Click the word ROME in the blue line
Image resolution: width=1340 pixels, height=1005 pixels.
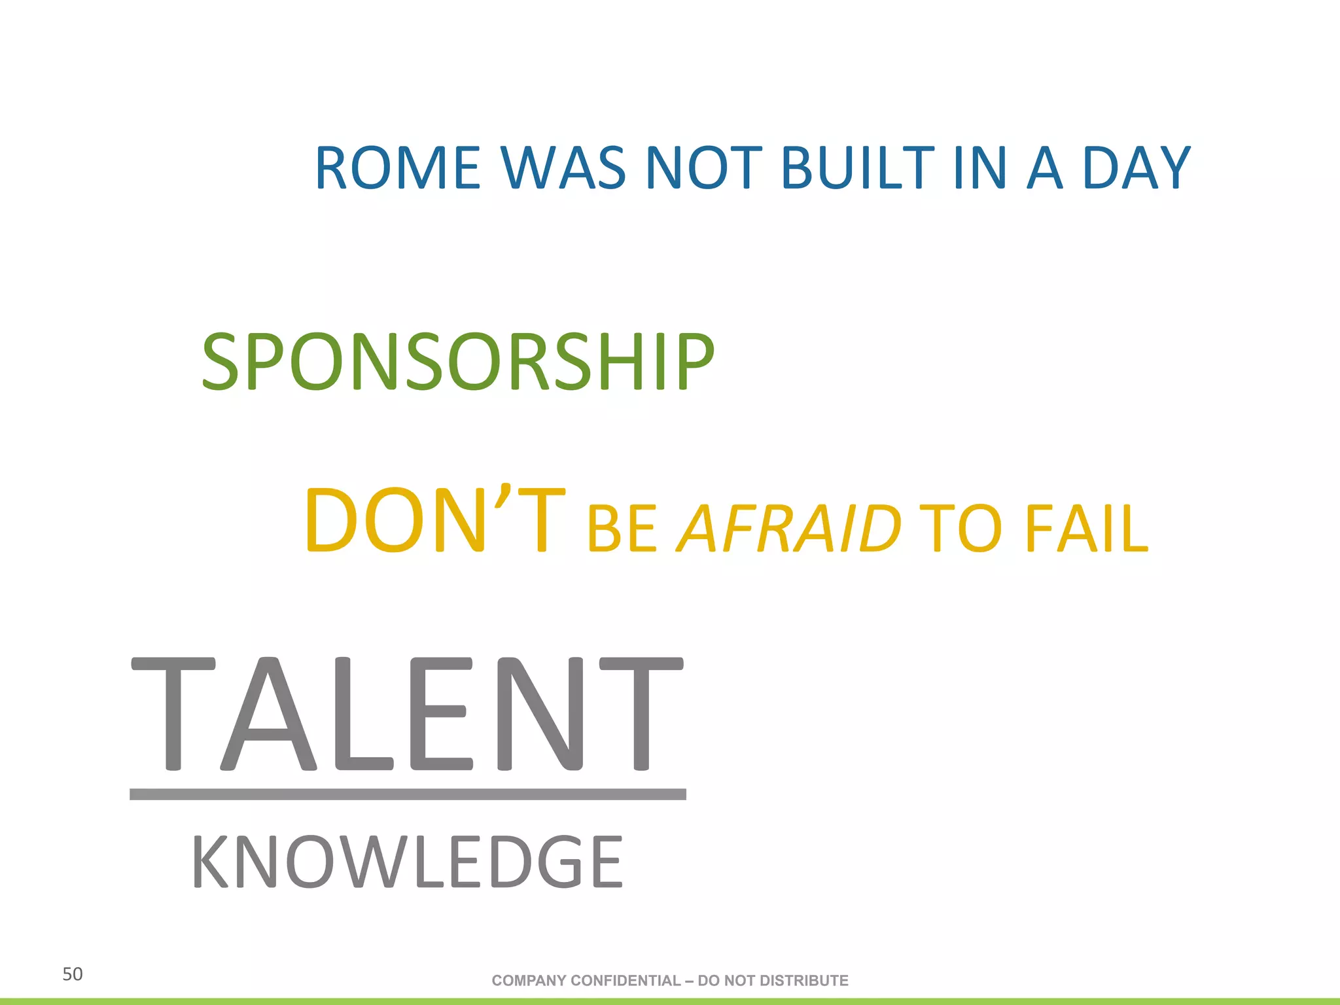(398, 168)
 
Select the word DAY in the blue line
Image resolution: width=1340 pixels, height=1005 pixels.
(1137, 168)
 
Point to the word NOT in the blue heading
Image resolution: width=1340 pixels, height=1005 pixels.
(703, 168)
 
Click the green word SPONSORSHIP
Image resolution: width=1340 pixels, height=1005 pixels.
(458, 361)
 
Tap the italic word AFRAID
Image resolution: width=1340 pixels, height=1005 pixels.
(789, 528)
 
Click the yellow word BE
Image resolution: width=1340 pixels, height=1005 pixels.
(622, 529)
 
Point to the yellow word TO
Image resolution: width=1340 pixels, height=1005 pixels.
(961, 528)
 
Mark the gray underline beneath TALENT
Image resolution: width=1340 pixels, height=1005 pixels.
(407, 794)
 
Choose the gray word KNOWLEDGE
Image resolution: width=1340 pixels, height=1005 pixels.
(407, 862)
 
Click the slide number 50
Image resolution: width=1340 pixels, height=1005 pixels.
(72, 974)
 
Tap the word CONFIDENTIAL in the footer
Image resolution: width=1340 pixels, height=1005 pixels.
(626, 981)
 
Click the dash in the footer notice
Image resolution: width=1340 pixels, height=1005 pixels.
(689, 981)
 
